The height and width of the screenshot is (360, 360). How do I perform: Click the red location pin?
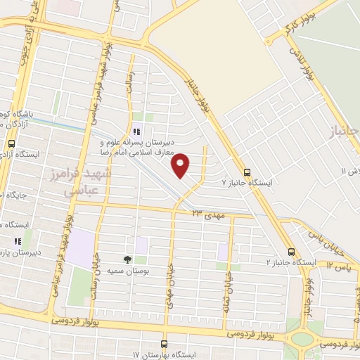tap(181, 165)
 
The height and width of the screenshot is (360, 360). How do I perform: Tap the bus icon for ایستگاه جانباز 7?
tap(247, 172)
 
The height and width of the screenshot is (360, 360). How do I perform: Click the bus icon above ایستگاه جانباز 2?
tap(291, 252)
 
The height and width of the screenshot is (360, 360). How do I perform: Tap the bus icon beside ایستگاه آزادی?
tap(11, 143)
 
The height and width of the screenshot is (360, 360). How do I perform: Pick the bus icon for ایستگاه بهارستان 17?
tap(164, 344)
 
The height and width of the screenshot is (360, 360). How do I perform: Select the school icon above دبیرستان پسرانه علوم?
tap(137, 131)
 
